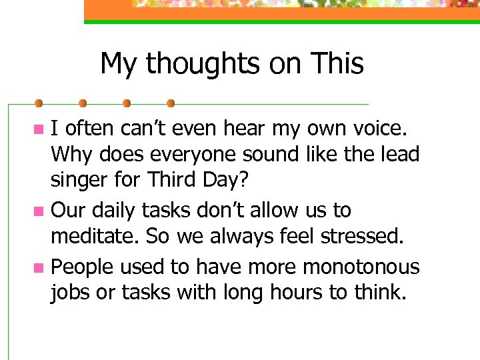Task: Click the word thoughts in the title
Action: (x=195, y=65)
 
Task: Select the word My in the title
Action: (x=119, y=65)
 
